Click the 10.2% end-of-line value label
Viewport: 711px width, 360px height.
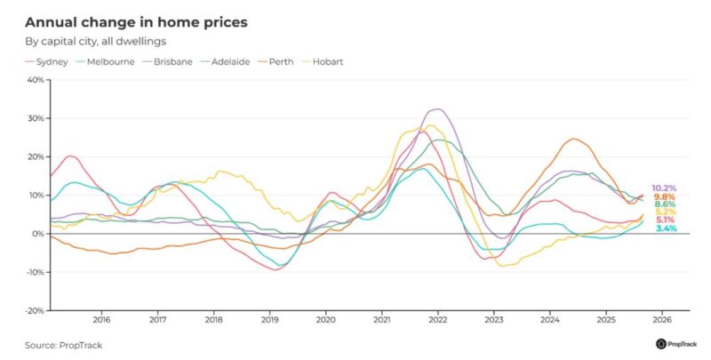click(x=664, y=188)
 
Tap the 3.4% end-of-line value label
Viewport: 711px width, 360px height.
click(x=666, y=229)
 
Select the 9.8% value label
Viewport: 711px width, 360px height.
click(x=664, y=196)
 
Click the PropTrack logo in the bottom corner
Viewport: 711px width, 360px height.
click(x=676, y=343)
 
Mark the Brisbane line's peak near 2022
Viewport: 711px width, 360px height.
click(x=435, y=109)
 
